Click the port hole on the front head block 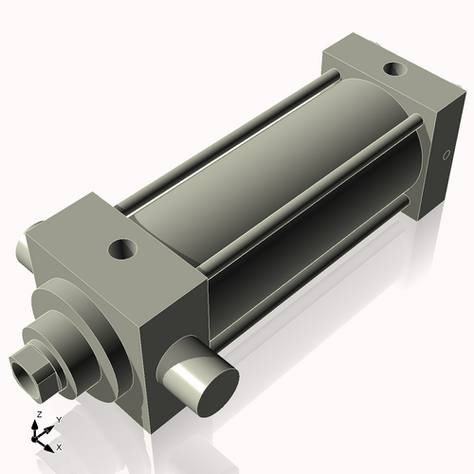[x=121, y=250]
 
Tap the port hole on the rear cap [x=392, y=69]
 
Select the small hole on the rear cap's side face [x=447, y=155]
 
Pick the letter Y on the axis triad [x=58, y=419]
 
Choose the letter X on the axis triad [x=59, y=446]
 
